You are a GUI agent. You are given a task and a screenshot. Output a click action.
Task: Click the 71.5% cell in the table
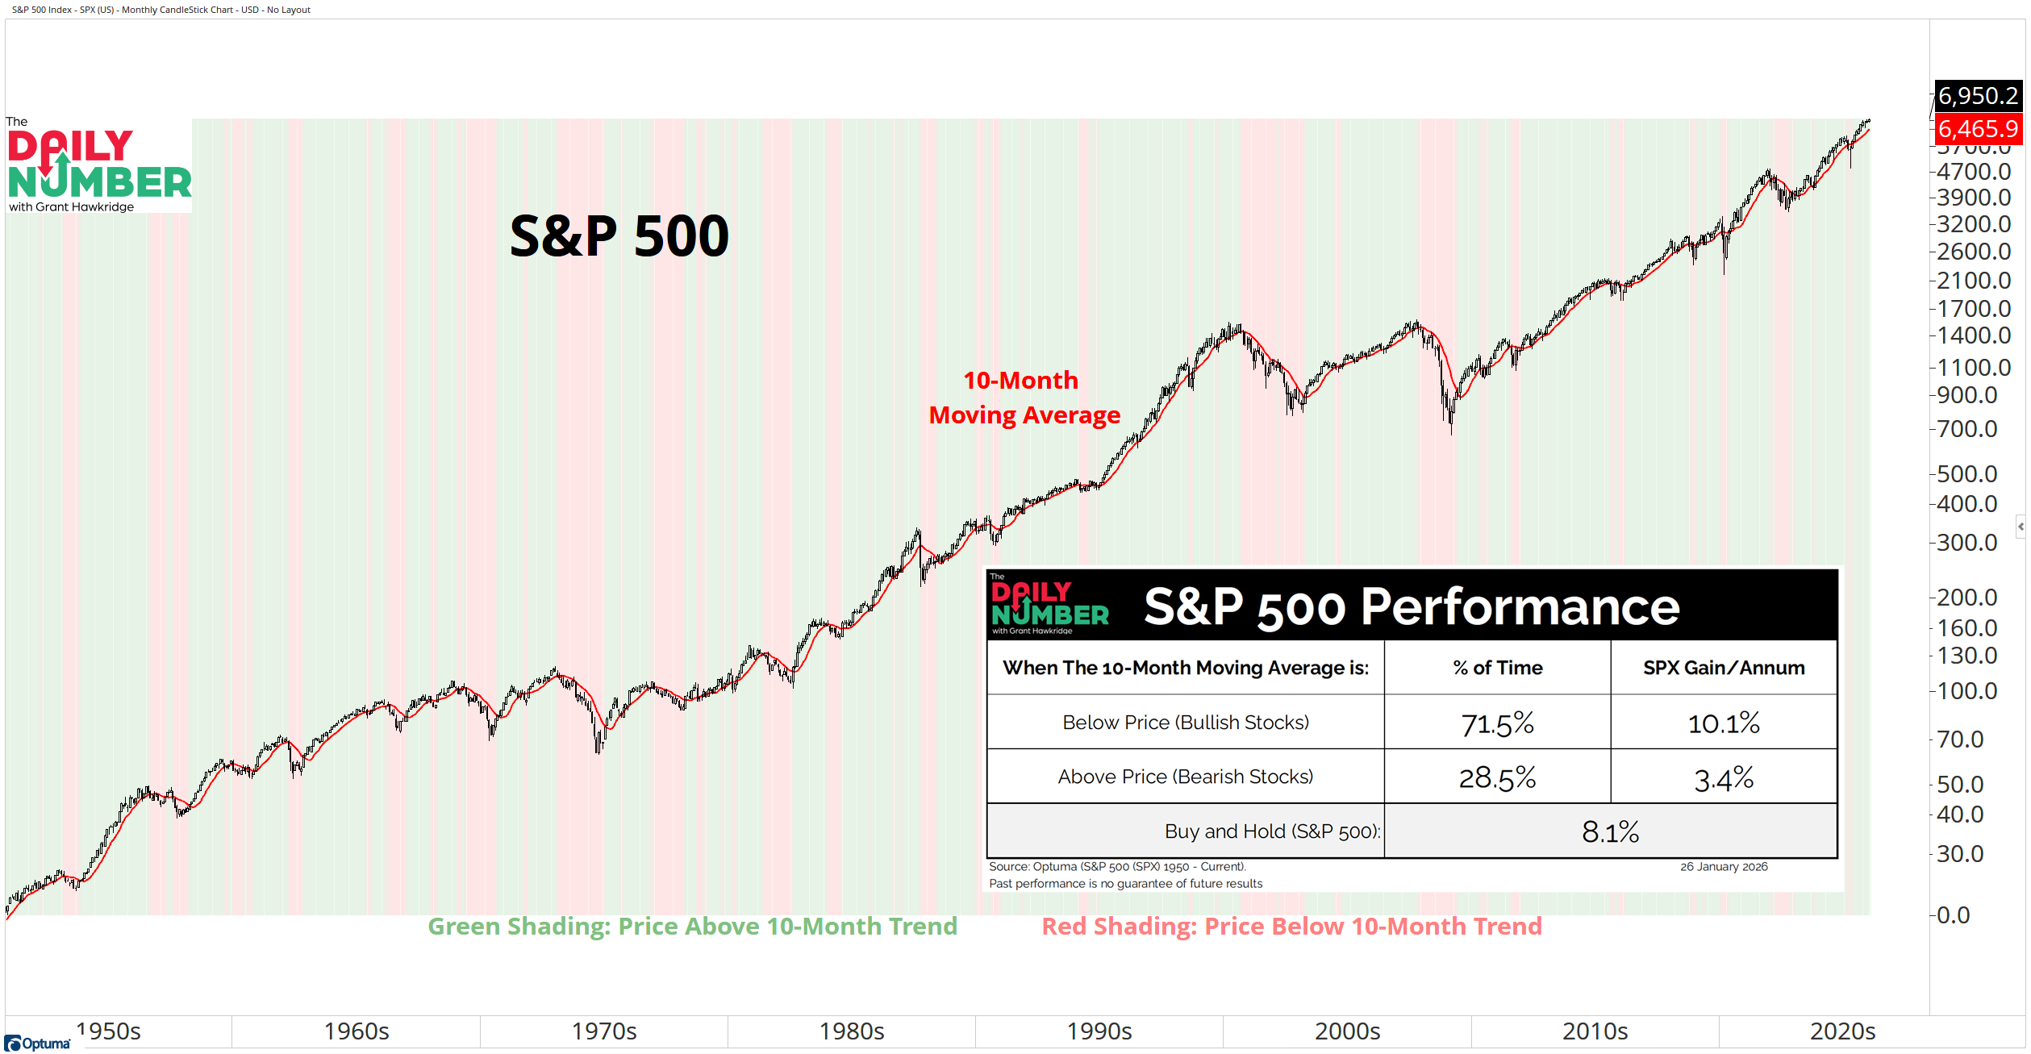point(1497,723)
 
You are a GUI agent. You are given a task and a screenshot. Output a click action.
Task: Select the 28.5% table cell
point(1497,777)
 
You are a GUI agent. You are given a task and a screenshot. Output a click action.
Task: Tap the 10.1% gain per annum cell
point(1724,723)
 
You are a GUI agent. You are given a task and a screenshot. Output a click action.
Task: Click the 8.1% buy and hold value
point(1610,832)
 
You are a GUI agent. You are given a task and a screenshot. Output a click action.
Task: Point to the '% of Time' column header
point(1497,668)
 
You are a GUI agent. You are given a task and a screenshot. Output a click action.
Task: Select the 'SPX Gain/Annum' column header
point(1724,668)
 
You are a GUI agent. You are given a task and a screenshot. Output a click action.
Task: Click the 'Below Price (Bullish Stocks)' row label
point(1185,723)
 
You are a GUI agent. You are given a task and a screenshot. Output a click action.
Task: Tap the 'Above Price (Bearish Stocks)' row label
point(1185,777)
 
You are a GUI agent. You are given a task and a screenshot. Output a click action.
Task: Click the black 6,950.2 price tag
point(1978,96)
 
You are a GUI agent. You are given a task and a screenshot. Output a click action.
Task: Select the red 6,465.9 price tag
point(1978,128)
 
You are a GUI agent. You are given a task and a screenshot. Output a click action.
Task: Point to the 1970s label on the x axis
point(604,1031)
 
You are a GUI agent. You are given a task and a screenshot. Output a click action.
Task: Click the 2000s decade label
point(1347,1031)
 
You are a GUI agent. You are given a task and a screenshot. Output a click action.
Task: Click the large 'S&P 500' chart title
point(619,236)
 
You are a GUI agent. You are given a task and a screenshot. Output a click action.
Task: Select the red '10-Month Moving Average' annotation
point(1024,398)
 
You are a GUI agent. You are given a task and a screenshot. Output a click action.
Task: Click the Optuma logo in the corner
point(38,1044)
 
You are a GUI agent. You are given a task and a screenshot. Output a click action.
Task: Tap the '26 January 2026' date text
point(1724,867)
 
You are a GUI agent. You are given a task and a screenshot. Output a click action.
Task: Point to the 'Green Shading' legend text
point(692,927)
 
